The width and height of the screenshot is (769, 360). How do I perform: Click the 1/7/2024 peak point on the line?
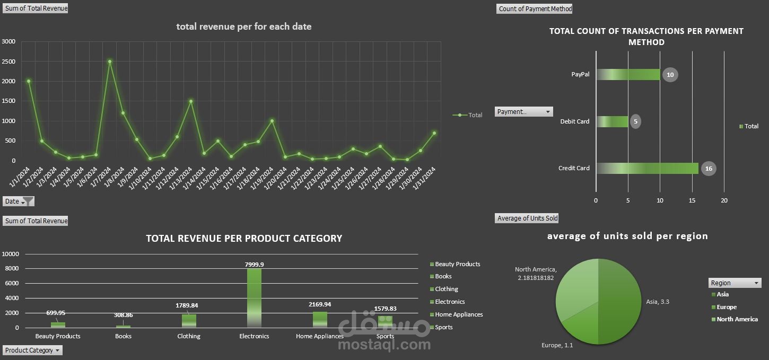pos(109,62)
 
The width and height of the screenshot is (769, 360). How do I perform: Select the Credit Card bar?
pos(647,168)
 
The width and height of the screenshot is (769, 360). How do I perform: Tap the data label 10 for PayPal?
pos(670,75)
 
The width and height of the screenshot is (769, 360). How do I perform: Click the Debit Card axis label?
pos(574,121)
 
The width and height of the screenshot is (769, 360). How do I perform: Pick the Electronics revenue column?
pos(254,297)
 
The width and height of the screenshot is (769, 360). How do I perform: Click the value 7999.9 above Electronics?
pos(254,264)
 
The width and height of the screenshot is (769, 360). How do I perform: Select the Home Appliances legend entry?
pos(459,314)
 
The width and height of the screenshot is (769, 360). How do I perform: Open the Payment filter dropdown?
pos(524,112)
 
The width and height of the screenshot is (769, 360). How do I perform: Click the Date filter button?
pos(19,201)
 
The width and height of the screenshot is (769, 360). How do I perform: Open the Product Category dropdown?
pos(33,350)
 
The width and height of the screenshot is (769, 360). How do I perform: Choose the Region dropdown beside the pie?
pos(735,283)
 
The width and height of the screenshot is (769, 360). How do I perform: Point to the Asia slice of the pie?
pos(621,302)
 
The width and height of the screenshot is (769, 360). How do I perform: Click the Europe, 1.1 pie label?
pos(557,345)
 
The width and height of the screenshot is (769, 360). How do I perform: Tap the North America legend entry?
pos(737,319)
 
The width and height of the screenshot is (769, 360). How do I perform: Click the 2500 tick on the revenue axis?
pos(8,62)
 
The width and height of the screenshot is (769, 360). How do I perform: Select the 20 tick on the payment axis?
pos(724,200)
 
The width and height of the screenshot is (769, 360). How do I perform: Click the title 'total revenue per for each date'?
pos(244,27)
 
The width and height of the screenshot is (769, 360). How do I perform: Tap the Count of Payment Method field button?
pos(535,8)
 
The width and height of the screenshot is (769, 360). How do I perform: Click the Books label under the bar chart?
pos(124,336)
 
